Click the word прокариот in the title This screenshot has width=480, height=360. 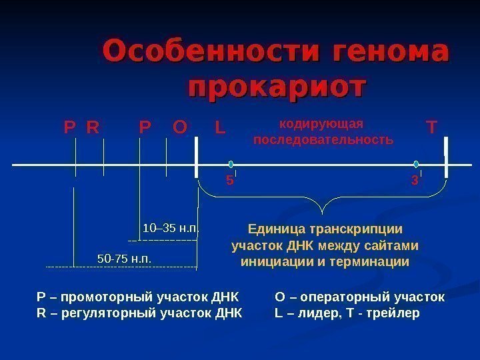pyautogui.click(x=278, y=87)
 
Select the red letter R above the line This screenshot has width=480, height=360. pyautogui.click(x=93, y=126)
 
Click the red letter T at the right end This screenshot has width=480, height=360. pyautogui.click(x=432, y=126)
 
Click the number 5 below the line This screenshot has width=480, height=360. pyautogui.click(x=229, y=180)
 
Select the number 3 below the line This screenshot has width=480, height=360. pyautogui.click(x=415, y=180)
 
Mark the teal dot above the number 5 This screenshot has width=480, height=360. pyautogui.click(x=231, y=163)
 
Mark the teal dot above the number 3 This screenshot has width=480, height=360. pyautogui.click(x=416, y=163)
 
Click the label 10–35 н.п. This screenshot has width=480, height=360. pyautogui.click(x=171, y=230)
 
